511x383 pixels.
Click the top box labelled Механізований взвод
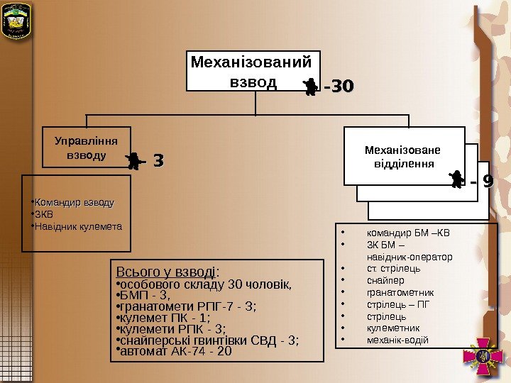coord(253,70)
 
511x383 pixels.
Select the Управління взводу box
coord(87,147)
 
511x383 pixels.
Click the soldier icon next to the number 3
coord(133,161)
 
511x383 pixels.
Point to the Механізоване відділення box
coord(403,156)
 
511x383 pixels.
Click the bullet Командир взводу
coord(74,203)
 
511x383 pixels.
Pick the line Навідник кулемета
coord(78,227)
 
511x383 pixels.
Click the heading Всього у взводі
coord(167,272)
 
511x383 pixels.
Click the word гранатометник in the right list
coord(400,292)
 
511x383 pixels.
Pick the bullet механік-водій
coord(397,340)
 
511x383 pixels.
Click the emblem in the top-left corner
coord(16,22)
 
